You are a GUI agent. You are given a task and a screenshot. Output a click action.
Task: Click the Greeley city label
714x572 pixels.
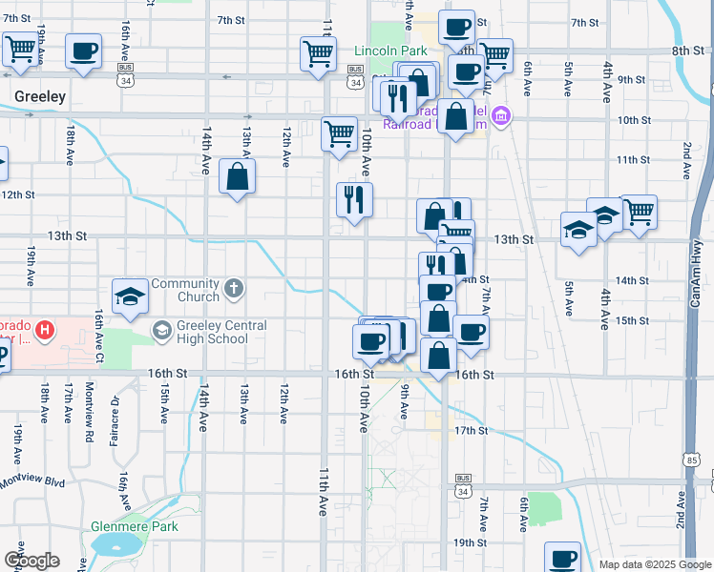[40, 96]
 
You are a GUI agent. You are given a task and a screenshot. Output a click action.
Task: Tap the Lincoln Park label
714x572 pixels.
[389, 50]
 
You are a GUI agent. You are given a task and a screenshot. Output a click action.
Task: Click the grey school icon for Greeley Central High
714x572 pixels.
[161, 331]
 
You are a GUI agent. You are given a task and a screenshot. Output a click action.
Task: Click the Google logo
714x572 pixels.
[31, 561]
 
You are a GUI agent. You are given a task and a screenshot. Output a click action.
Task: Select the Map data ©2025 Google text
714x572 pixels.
[654, 564]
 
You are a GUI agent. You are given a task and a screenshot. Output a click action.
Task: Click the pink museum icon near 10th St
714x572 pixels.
[503, 117]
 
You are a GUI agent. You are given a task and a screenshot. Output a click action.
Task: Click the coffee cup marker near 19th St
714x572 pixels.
[562, 558]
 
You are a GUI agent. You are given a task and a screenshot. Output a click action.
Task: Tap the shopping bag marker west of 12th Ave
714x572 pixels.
[237, 176]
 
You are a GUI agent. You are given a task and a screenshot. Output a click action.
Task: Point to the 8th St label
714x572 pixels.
[687, 51]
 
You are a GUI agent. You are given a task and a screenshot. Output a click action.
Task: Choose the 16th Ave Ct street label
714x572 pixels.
[97, 329]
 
